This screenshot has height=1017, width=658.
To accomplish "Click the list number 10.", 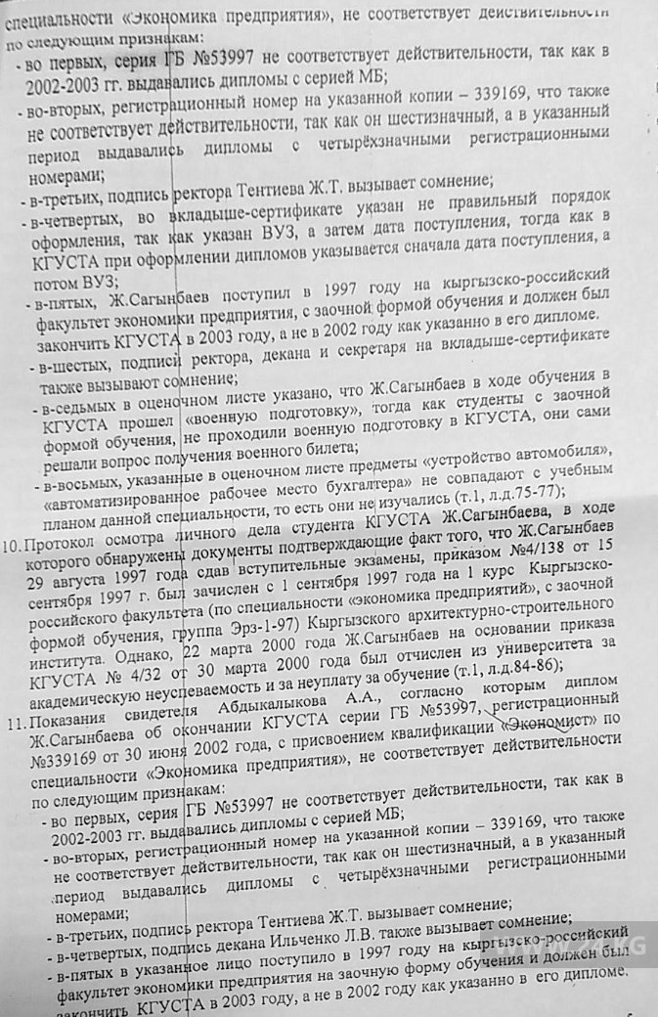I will [13, 545].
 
